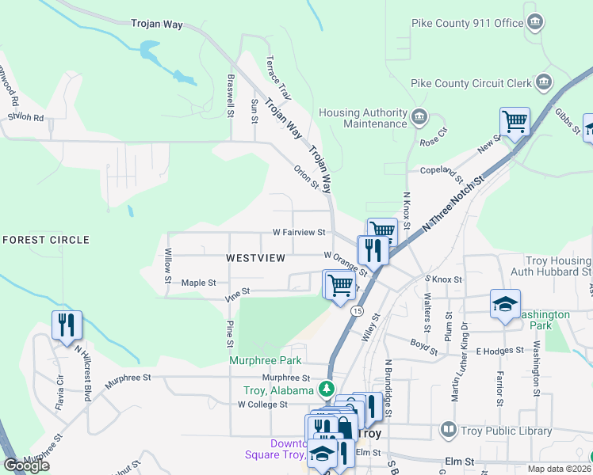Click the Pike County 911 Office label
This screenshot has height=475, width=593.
click(x=468, y=23)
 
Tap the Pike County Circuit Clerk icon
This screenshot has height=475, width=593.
click(x=544, y=82)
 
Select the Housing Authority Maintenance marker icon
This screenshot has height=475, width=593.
click(x=419, y=119)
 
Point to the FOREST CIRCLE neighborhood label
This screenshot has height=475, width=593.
click(x=46, y=240)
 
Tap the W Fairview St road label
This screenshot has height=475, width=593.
click(x=299, y=233)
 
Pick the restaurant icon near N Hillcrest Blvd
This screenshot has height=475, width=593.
click(x=67, y=325)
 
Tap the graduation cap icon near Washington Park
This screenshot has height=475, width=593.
click(x=504, y=305)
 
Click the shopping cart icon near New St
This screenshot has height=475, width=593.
click(x=515, y=122)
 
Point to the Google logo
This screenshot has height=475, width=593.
click(x=26, y=465)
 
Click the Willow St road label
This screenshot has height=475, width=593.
click(x=168, y=266)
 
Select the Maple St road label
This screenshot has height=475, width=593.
click(x=199, y=283)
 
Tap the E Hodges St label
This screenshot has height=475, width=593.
click(x=501, y=350)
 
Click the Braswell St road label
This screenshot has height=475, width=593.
click(x=231, y=97)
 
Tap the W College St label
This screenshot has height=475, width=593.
click(x=262, y=405)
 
